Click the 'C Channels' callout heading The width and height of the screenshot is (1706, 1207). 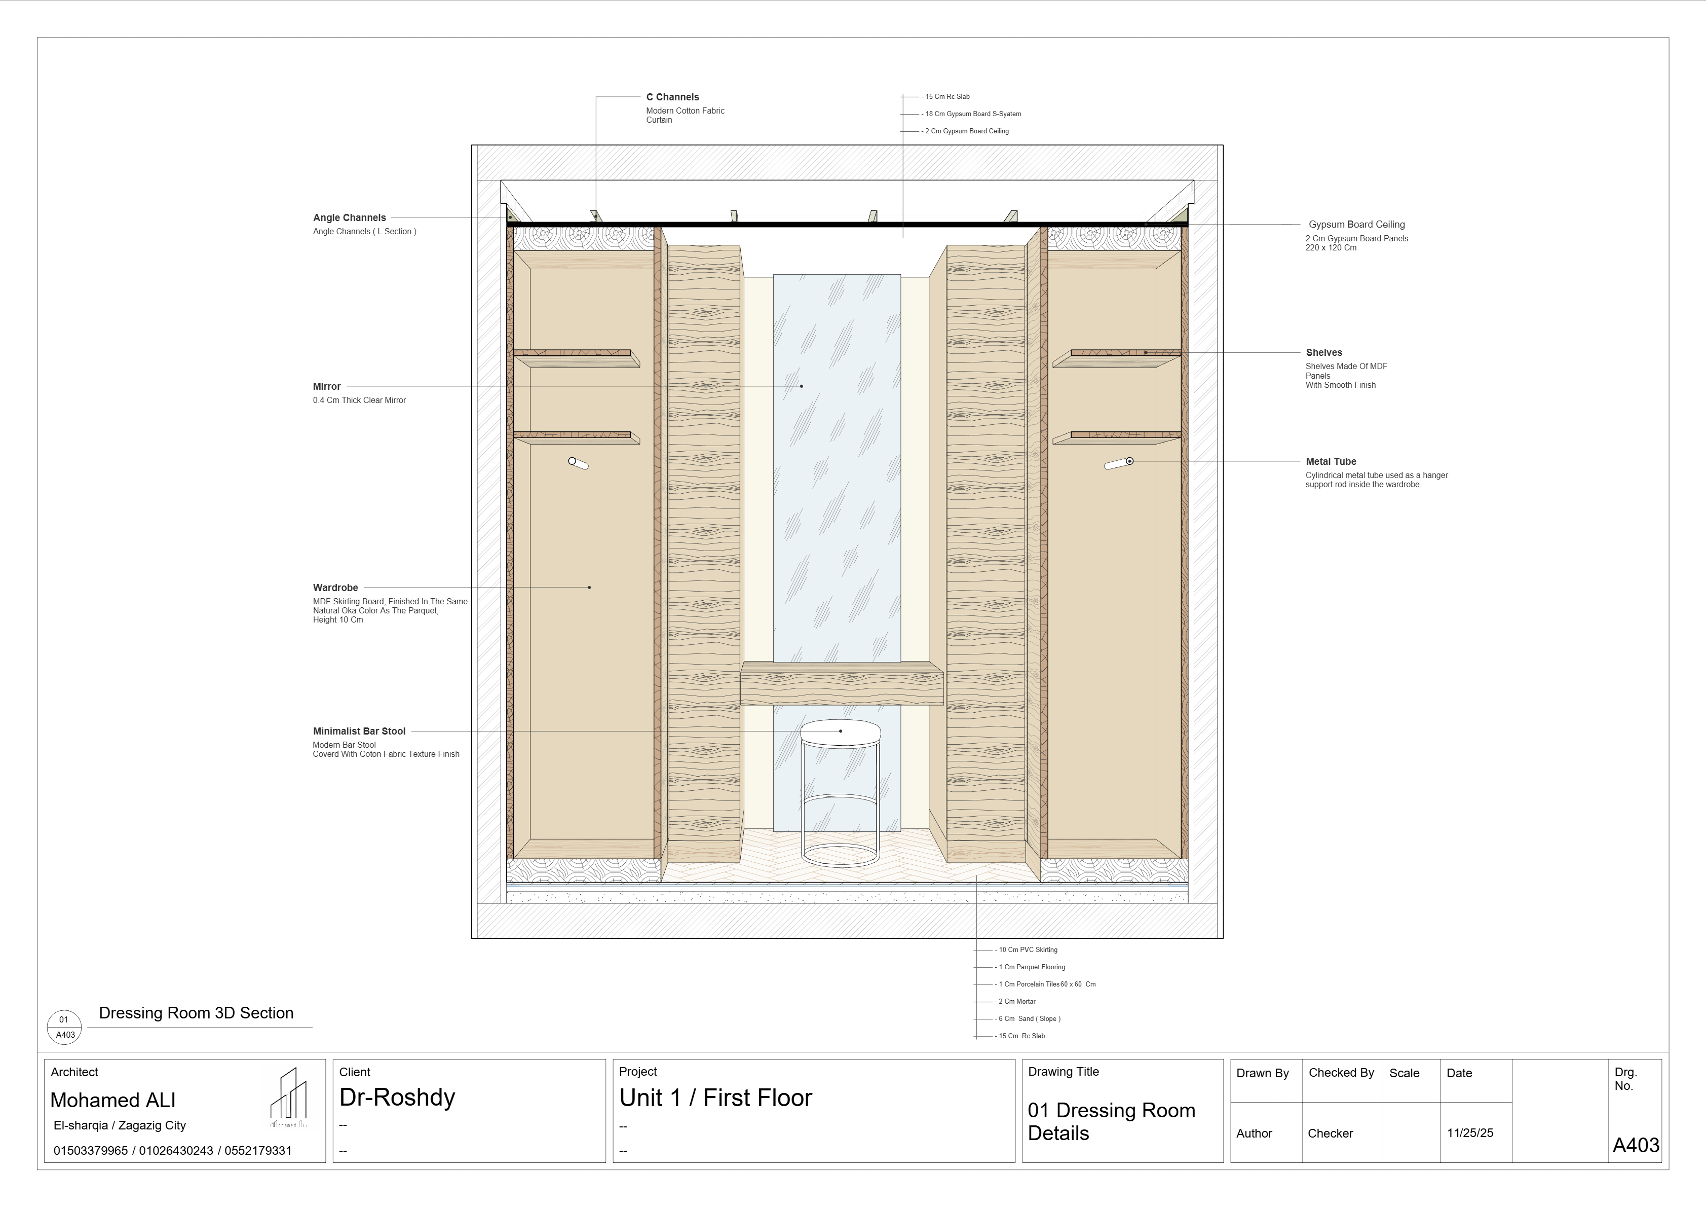pyautogui.click(x=672, y=97)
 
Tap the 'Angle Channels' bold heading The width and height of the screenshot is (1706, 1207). pyautogui.click(x=349, y=218)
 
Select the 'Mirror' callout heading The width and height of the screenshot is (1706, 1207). pyautogui.click(x=326, y=386)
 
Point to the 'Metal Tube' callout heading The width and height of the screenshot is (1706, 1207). pyautogui.click(x=1331, y=461)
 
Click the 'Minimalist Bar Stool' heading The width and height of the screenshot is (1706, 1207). pyautogui.click(x=359, y=731)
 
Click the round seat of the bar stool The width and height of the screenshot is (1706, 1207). pyautogui.click(x=841, y=731)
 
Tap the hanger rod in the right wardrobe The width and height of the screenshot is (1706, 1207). pyautogui.click(x=1119, y=464)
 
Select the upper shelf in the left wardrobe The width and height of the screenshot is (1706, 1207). pyautogui.click(x=576, y=358)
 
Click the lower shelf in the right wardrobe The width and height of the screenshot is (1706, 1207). pyautogui.click(x=1116, y=438)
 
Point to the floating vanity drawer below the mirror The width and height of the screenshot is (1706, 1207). pyautogui.click(x=842, y=684)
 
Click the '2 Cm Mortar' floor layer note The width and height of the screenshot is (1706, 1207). pyautogui.click(x=1016, y=1001)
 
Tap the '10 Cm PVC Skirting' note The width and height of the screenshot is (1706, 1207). pyautogui.click(x=1027, y=950)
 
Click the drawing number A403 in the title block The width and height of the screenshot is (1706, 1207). pyautogui.click(x=1636, y=1145)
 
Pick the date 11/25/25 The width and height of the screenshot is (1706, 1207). pyautogui.click(x=1470, y=1133)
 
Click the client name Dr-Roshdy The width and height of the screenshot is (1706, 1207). pyautogui.click(x=397, y=1097)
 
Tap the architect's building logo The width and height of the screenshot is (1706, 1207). pyautogui.click(x=288, y=1099)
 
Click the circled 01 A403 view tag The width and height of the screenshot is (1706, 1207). pyautogui.click(x=65, y=1027)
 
